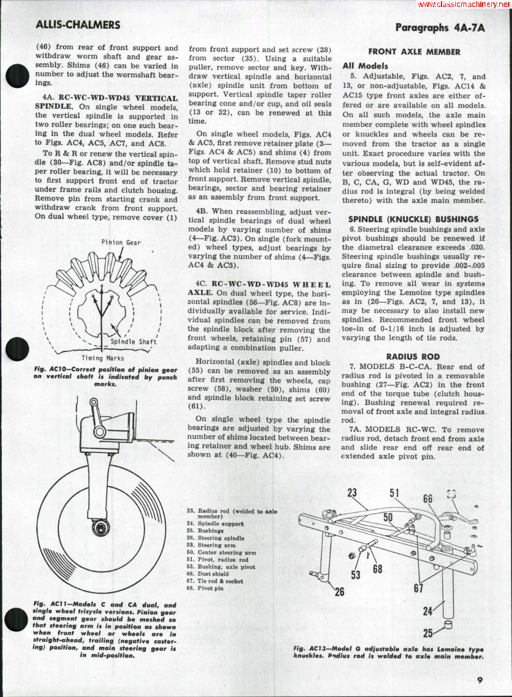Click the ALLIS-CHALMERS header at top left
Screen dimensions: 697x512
pos(78,25)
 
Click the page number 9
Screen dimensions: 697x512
pos(480,680)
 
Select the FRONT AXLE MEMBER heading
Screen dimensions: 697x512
pos(414,51)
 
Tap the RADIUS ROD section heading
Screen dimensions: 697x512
pos(413,356)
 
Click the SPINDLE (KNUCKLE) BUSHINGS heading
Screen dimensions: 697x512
pos(413,219)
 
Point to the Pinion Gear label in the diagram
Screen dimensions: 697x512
pos(121,242)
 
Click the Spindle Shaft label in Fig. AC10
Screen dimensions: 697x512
pos(133,341)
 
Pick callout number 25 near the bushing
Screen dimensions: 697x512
pos(428,633)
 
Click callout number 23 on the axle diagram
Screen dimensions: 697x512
pos(353,493)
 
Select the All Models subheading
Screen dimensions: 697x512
pos(365,66)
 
